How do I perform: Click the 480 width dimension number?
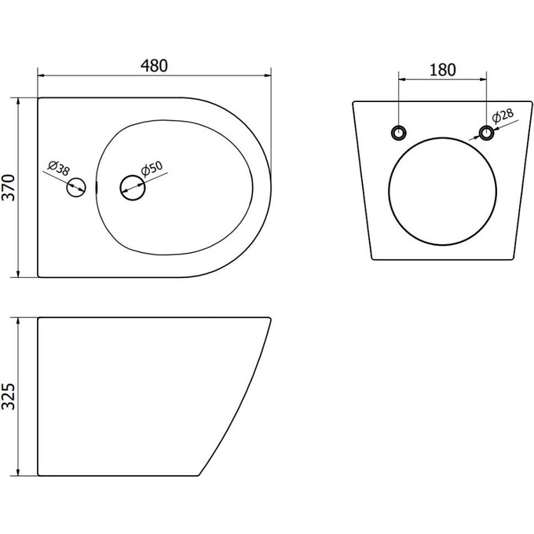pyautogui.click(x=154, y=66)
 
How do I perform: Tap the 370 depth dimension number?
pyautogui.click(x=9, y=188)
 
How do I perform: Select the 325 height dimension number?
pyautogui.click(x=9, y=397)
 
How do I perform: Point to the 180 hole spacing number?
pyautogui.click(x=442, y=70)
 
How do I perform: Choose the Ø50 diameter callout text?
pyautogui.click(x=152, y=169)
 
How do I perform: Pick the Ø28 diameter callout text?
pyautogui.click(x=503, y=115)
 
